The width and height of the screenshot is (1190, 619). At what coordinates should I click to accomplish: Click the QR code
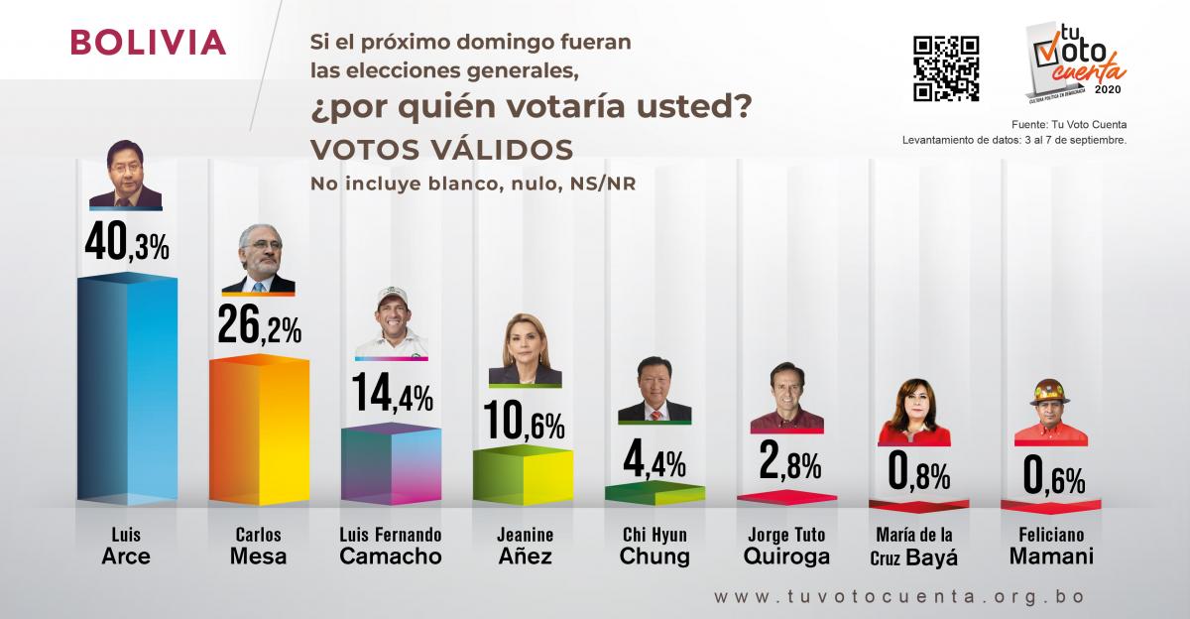[x=945, y=68]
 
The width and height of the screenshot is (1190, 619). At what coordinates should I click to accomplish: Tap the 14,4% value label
[x=391, y=398]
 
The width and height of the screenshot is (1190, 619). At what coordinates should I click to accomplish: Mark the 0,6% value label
[x=1054, y=477]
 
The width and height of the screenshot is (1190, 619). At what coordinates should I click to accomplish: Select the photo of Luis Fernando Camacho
[x=391, y=321]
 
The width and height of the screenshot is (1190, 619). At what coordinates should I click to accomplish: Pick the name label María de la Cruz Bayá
[x=917, y=546]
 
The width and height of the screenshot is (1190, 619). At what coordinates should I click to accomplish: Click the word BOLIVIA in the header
[x=149, y=44]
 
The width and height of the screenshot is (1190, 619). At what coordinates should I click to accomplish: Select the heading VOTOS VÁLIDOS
[x=442, y=150]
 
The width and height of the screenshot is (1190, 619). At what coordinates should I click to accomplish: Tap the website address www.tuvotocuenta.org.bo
[x=898, y=597]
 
